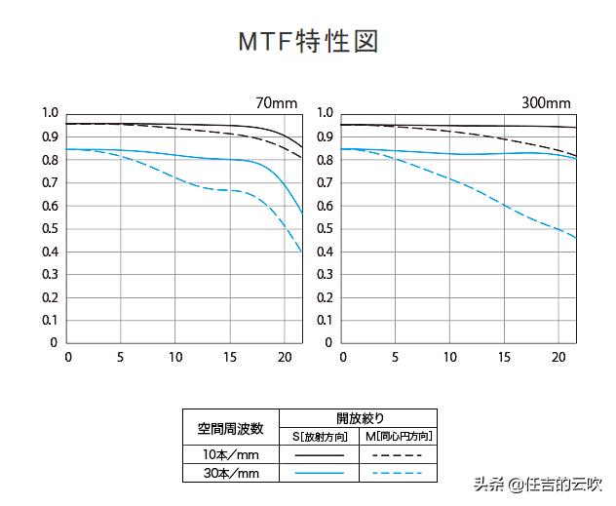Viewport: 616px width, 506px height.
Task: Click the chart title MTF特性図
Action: (308, 42)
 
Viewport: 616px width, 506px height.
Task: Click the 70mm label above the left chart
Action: (278, 102)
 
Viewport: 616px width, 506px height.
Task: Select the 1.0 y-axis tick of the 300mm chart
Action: (325, 113)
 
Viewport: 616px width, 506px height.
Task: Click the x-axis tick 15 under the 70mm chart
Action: (229, 357)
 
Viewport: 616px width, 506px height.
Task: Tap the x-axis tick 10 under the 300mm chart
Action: (450, 357)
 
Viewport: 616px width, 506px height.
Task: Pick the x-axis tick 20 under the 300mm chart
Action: (558, 357)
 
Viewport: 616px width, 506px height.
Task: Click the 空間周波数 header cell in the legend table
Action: (230, 427)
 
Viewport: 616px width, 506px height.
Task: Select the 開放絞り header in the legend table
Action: (357, 418)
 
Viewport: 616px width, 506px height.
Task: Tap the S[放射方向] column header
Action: (319, 436)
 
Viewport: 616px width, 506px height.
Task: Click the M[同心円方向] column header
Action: (397, 436)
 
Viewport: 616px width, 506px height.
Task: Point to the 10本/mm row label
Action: (230, 455)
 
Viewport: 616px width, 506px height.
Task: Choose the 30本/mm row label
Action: (230, 474)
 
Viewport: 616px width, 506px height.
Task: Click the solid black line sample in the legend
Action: (319, 455)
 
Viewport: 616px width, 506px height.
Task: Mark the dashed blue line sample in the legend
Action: (397, 474)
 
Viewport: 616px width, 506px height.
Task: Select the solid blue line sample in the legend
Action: (319, 474)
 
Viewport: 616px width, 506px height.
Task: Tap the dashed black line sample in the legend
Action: (397, 455)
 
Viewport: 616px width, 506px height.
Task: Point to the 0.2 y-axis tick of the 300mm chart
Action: (325, 297)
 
